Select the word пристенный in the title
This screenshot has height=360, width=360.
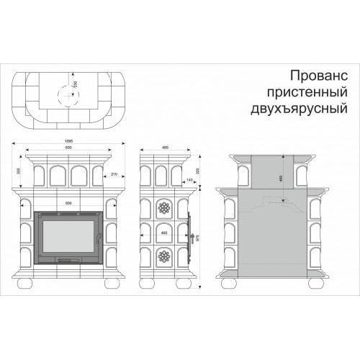(x=307, y=91)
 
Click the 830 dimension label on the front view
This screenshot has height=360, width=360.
(x=67, y=148)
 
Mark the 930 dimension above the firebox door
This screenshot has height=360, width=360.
(x=68, y=204)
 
